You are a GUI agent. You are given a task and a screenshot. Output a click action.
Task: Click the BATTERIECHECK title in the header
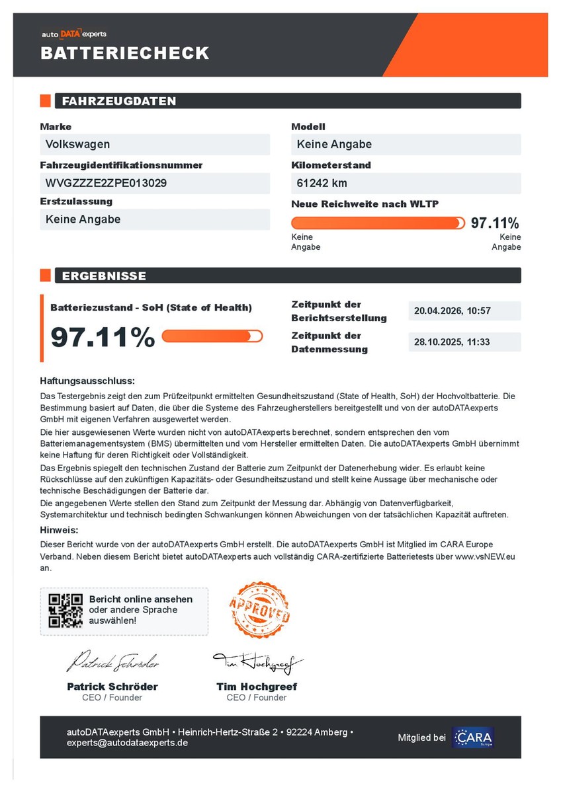(125, 53)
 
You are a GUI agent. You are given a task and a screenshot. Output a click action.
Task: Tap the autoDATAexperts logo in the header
(73, 33)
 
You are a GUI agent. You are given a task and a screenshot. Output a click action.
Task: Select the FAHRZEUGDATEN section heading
(119, 101)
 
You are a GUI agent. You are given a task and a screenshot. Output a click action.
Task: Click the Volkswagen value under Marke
(78, 144)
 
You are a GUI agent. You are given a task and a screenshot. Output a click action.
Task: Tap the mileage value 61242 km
(322, 183)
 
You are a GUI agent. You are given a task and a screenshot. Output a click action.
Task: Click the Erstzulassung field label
(76, 202)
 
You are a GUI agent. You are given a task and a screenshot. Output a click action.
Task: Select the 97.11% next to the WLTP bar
(495, 223)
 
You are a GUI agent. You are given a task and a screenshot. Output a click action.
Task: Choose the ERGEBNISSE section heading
(104, 276)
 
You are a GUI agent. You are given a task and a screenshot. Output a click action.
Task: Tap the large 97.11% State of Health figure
(103, 337)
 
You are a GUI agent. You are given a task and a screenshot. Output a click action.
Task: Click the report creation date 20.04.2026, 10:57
(453, 311)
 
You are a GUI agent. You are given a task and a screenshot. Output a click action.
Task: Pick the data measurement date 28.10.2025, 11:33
(453, 342)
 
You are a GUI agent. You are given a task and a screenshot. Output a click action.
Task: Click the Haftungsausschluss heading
(87, 381)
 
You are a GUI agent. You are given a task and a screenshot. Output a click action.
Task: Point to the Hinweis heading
(59, 530)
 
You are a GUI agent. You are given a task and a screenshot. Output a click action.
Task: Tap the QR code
(65, 611)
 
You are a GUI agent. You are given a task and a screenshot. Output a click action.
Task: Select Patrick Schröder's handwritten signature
(112, 661)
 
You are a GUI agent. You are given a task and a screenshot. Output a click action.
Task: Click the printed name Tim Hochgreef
(257, 687)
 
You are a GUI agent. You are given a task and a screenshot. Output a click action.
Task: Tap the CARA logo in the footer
(473, 737)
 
